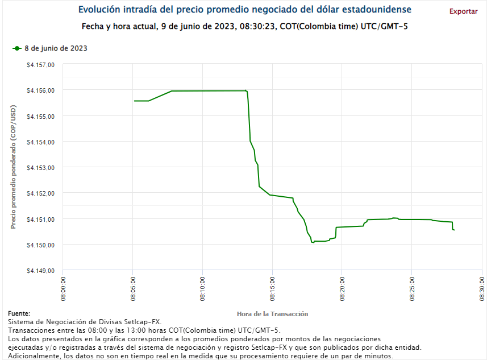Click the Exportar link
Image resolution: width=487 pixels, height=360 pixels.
click(x=463, y=11)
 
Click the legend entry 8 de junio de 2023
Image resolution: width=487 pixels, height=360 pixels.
click(x=55, y=48)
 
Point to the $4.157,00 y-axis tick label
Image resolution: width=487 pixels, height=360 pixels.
click(x=40, y=65)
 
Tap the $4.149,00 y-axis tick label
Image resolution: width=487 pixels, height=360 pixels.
click(x=40, y=271)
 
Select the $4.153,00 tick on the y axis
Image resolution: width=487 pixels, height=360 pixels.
click(x=40, y=168)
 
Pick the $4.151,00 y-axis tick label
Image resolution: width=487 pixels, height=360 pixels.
click(x=40, y=219)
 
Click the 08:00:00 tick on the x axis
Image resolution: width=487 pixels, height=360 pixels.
click(x=63, y=288)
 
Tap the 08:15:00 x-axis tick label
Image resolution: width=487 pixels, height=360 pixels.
click(x=272, y=288)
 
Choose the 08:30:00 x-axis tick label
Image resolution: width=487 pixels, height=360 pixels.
click(x=481, y=288)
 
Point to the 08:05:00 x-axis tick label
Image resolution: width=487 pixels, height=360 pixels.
click(x=133, y=288)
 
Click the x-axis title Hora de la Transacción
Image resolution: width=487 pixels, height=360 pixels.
click(x=272, y=314)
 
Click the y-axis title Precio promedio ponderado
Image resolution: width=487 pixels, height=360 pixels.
click(x=13, y=168)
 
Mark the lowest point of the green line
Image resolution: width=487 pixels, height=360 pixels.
click(x=312, y=243)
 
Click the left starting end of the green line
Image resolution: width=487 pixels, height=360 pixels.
click(x=134, y=101)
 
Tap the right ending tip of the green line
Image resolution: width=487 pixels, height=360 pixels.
click(x=454, y=230)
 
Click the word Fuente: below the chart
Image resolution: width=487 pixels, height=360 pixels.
click(x=19, y=314)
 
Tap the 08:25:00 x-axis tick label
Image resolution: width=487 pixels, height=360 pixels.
click(x=412, y=288)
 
